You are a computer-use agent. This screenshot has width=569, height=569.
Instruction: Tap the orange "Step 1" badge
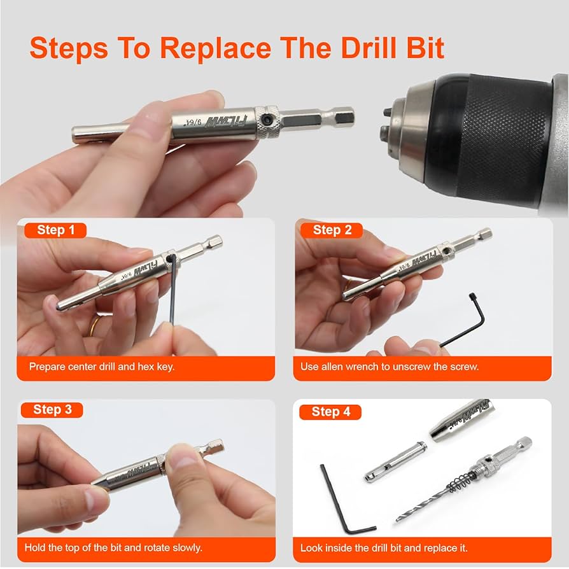pyautogui.click(x=55, y=230)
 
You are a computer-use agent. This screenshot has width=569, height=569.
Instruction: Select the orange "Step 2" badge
pyautogui.click(x=332, y=230)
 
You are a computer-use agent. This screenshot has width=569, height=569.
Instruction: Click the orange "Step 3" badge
pyautogui.click(x=52, y=409)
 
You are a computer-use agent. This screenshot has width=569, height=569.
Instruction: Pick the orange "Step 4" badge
pyautogui.click(x=330, y=412)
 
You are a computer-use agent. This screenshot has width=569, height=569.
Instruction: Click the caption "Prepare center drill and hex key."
pyautogui.click(x=102, y=367)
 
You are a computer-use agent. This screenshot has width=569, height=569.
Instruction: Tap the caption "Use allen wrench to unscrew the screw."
pyautogui.click(x=390, y=367)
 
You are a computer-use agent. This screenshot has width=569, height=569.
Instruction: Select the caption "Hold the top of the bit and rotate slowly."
pyautogui.click(x=113, y=547)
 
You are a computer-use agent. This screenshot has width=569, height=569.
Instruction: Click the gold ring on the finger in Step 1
pyautogui.click(x=95, y=326)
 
